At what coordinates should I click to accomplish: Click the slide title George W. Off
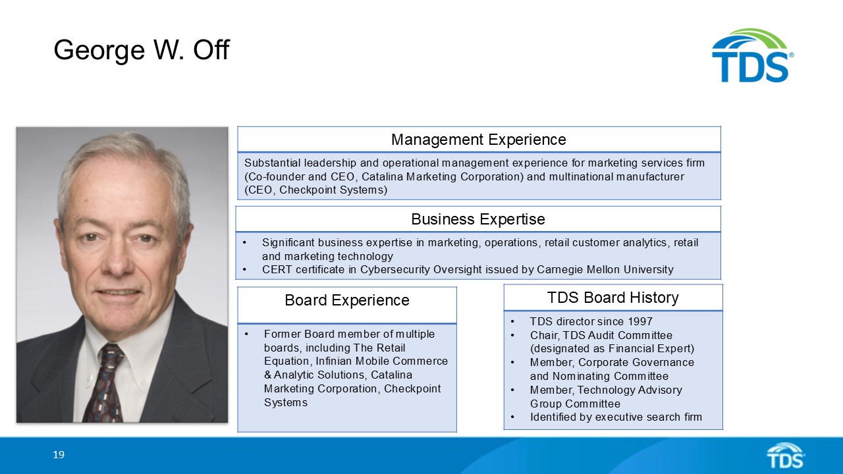pyautogui.click(x=141, y=50)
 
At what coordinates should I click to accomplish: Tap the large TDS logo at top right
pyautogui.click(x=751, y=56)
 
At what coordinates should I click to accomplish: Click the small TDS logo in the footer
pyautogui.click(x=785, y=456)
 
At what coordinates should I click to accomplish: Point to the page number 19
pyautogui.click(x=59, y=455)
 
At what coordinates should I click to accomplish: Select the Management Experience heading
pyautogui.click(x=478, y=140)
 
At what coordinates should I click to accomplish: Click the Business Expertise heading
pyautogui.click(x=478, y=219)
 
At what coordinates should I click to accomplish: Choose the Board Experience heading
pyautogui.click(x=346, y=300)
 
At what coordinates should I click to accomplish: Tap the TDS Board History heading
pyautogui.click(x=612, y=298)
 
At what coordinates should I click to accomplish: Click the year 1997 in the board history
pyautogui.click(x=639, y=321)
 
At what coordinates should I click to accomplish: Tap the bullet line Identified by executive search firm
pyautogui.click(x=616, y=417)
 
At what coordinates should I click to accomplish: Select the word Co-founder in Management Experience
pyautogui.click(x=274, y=176)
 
